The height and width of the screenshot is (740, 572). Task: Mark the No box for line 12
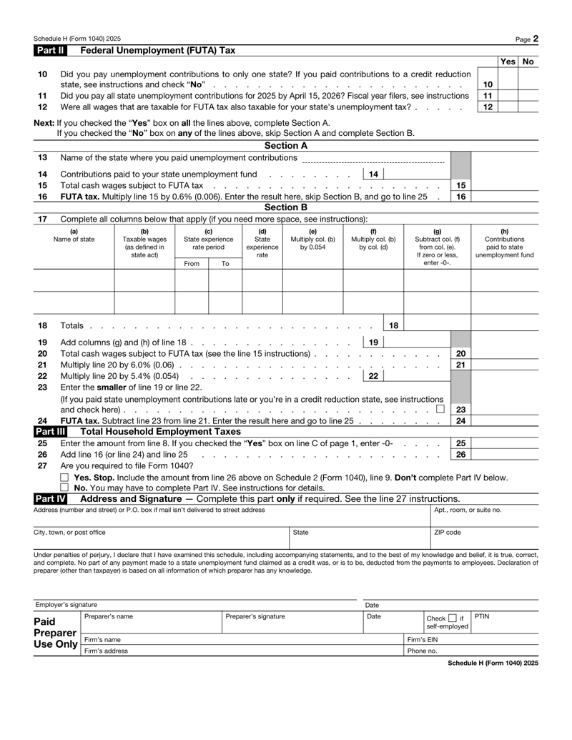(x=528, y=107)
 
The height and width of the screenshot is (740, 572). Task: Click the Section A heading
(x=286, y=145)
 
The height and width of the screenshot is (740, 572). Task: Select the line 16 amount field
(x=505, y=196)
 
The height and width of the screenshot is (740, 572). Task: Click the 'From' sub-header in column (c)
(x=192, y=264)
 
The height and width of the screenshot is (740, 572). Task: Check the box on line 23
(x=440, y=409)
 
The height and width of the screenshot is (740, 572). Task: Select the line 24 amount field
(x=505, y=421)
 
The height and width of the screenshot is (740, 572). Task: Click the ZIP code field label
(x=448, y=533)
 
